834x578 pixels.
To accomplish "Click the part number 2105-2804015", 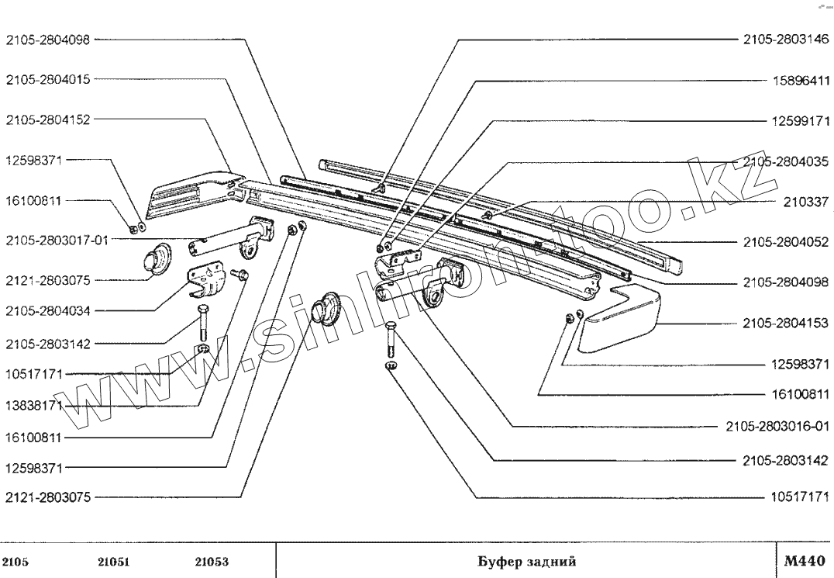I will [48, 79].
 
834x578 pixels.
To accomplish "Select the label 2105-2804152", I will [48, 119].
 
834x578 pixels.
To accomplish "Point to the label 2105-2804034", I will [48, 311].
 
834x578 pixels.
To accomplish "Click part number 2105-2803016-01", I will [777, 425].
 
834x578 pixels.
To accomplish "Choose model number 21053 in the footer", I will [211, 561].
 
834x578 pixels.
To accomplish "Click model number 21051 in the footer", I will [114, 561].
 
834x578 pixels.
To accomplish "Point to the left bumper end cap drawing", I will [190, 190].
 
